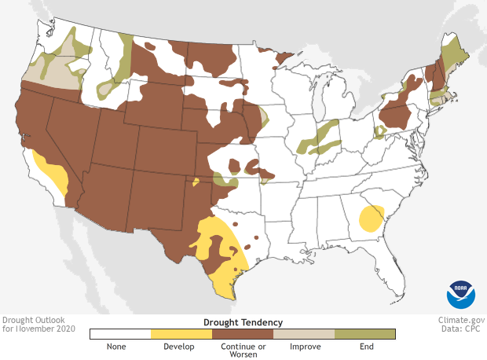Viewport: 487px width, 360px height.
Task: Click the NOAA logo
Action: [x=461, y=294]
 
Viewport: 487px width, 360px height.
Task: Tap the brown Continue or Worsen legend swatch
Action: [x=242, y=334]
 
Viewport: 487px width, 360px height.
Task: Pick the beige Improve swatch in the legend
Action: [x=303, y=334]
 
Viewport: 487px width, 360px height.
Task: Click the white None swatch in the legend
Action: [x=120, y=334]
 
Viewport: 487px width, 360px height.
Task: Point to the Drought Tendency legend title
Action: [x=243, y=322]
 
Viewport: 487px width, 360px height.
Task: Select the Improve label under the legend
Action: [x=303, y=346]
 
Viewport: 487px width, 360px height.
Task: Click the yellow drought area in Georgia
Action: [x=371, y=217]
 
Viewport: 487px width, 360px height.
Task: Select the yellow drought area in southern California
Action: [x=53, y=174]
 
